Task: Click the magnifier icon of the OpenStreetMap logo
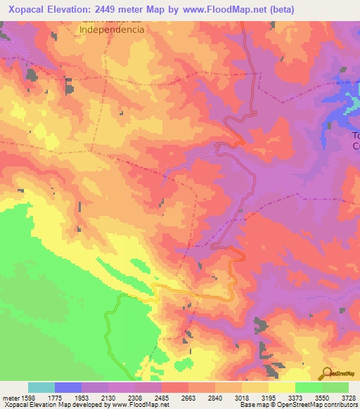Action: coord(328,372)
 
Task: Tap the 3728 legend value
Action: coord(348,397)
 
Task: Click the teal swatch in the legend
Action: coord(41,387)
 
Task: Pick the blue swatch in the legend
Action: coord(68,387)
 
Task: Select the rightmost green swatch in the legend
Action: coord(335,387)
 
